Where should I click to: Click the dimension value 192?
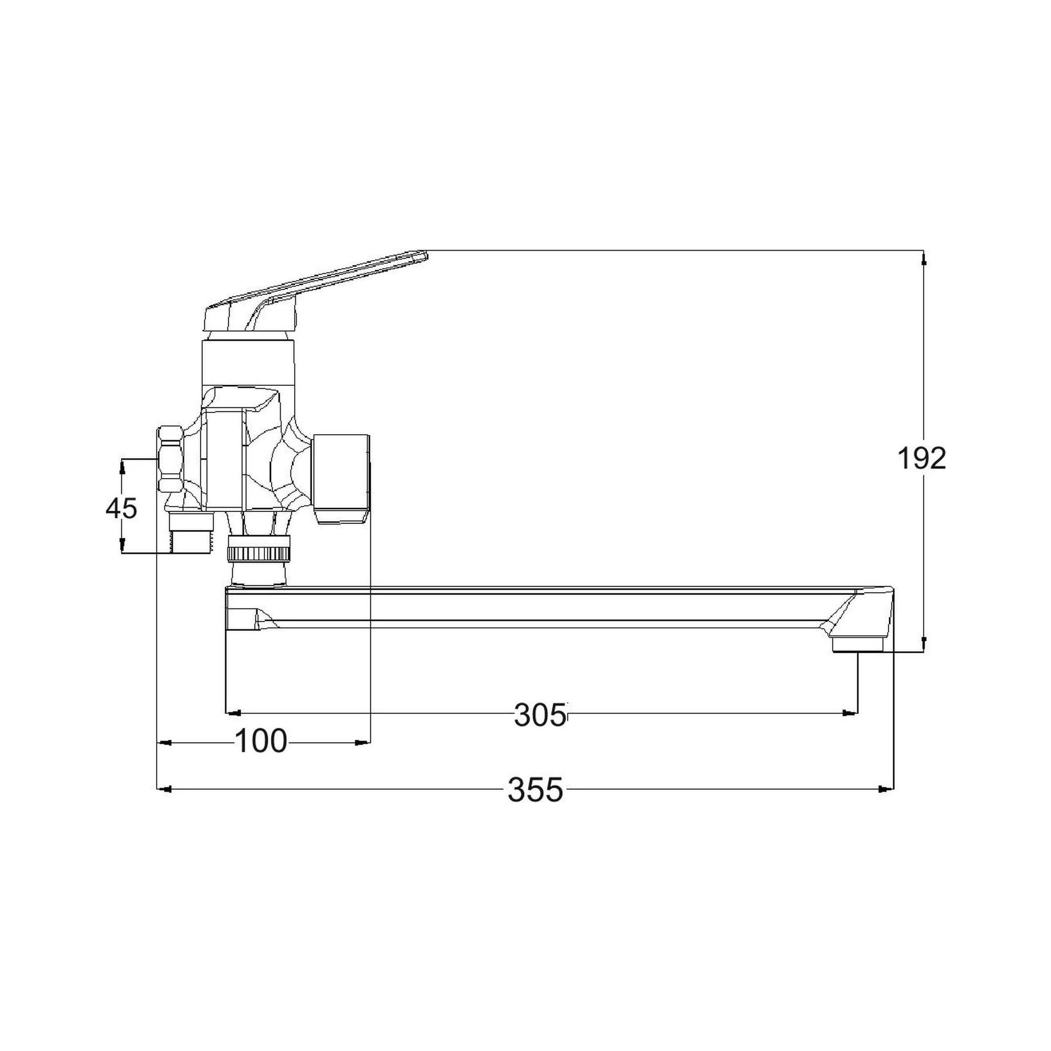(x=922, y=459)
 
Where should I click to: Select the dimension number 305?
(x=540, y=715)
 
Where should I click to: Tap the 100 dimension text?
(x=261, y=741)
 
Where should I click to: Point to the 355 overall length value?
(x=535, y=790)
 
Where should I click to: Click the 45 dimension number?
(x=121, y=509)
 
